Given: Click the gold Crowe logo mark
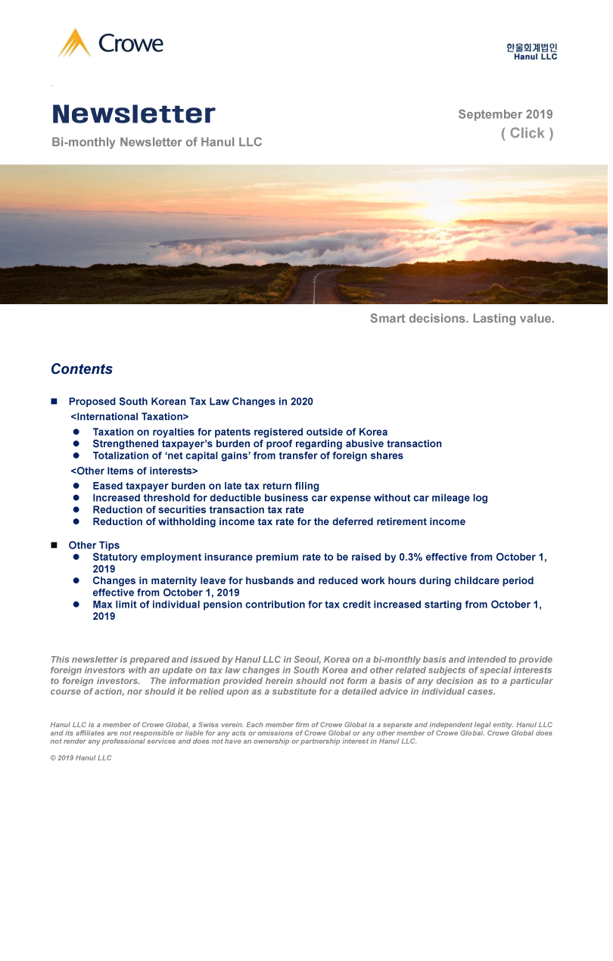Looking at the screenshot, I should point(74,43).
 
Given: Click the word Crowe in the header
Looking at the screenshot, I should point(131,44).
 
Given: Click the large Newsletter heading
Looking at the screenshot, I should point(134,114).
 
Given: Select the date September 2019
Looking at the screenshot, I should point(505,115).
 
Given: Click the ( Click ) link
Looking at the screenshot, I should point(527,133).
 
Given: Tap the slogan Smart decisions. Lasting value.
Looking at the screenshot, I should point(462,319).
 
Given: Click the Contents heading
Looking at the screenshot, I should point(82,369).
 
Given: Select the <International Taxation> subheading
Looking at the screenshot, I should point(129,417).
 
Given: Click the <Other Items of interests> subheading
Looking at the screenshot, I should point(134,471).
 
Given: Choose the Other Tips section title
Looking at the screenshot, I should point(94,546).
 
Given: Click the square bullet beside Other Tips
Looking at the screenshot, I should point(54,546).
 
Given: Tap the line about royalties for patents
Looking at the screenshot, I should point(240,432).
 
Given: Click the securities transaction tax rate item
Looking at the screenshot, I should point(198,510).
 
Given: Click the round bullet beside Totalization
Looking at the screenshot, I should point(76,456).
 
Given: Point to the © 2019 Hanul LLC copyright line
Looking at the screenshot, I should point(81,758).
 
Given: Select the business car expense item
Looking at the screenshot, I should point(290,498).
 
